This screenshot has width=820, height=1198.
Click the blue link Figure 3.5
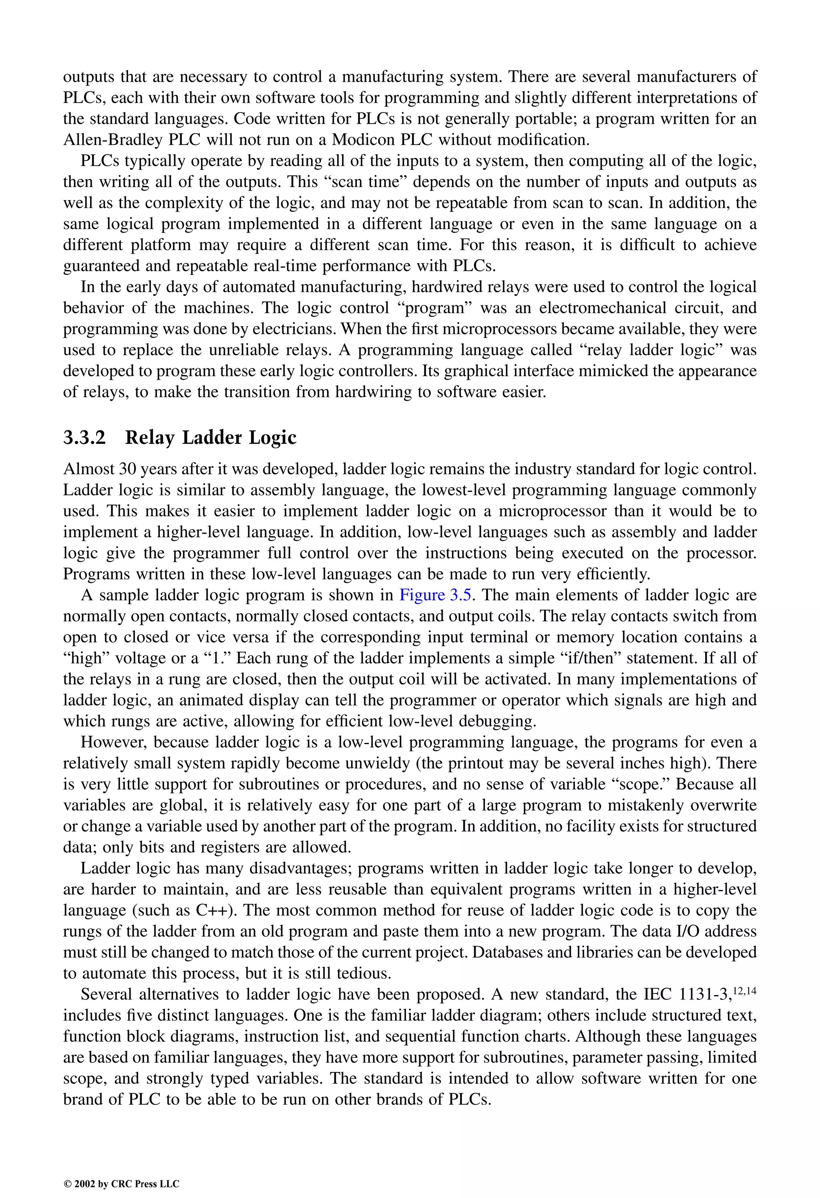coord(435,595)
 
